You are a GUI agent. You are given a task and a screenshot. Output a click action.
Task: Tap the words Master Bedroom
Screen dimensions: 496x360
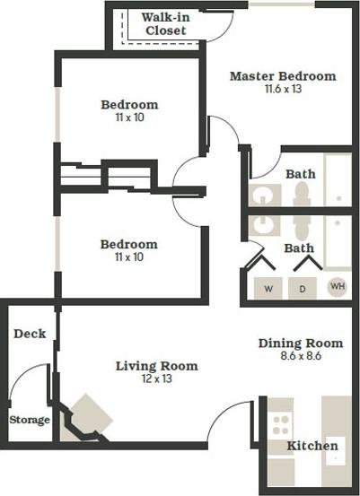[x=282, y=76]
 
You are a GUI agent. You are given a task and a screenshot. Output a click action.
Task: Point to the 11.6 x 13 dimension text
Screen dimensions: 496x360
[x=282, y=89]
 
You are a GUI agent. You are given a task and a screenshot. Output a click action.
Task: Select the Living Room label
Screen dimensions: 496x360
[x=156, y=366]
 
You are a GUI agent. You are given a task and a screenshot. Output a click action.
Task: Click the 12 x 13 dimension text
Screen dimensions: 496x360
[x=156, y=379]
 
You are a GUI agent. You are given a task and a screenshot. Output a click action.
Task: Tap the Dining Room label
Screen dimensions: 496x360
[x=300, y=343]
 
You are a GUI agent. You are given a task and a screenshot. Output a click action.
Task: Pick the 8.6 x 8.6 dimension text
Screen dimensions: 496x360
[x=300, y=356]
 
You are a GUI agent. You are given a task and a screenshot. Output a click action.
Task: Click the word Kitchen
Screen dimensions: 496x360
[x=312, y=446]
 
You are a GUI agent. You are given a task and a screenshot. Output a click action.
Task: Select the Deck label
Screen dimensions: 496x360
[x=30, y=334]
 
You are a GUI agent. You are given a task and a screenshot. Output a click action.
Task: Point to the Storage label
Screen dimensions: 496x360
[x=30, y=419]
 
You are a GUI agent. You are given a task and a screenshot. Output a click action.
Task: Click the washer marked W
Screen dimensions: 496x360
[x=268, y=289]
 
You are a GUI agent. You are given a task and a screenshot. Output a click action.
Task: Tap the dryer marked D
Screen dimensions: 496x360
[x=303, y=289]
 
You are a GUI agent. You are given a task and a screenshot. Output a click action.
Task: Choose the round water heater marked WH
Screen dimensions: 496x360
[x=337, y=287]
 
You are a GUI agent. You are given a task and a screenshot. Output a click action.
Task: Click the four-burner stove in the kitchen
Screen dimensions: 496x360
[x=281, y=423]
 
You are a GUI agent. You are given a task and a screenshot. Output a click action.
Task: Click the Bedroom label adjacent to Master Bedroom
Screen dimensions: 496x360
[x=128, y=104]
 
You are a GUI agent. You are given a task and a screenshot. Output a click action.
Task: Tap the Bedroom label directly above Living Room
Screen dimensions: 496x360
[x=128, y=244]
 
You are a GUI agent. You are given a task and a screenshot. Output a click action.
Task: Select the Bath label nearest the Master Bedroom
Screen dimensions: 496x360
[x=300, y=174]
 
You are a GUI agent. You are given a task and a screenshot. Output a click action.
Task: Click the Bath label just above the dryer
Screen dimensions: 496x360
[x=299, y=248]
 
